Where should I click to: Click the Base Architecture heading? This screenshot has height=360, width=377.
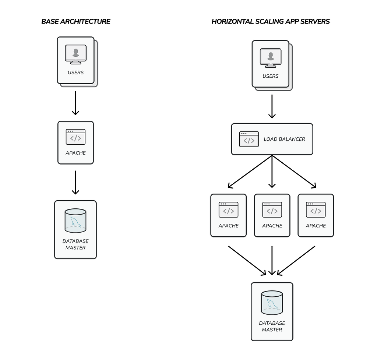coord(76,22)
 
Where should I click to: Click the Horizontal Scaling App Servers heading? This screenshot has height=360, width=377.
coord(271,22)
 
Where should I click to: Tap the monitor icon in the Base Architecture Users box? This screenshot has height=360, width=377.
coord(75,54)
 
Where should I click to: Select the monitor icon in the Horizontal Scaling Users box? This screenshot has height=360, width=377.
coord(271,58)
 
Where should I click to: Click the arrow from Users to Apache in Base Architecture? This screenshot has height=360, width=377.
coord(75,103)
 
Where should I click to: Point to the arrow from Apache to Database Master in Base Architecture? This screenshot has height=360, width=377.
coord(75,183)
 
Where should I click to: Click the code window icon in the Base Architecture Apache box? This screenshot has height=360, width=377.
coord(75,137)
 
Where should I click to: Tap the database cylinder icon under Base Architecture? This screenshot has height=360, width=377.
coord(75,220)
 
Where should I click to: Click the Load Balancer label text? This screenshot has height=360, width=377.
coord(284,139)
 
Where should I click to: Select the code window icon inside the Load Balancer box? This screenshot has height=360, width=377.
coord(249,139)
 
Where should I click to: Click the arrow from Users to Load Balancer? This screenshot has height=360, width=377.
coord(272,106)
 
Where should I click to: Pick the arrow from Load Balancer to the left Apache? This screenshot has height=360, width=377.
coord(250,172)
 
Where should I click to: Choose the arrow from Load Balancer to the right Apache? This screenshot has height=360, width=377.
coord(294,172)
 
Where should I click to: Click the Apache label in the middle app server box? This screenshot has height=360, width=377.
coord(272,226)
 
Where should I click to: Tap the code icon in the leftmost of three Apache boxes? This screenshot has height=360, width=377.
coord(228,210)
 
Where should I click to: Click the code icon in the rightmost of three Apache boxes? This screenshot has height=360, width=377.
coord(316,210)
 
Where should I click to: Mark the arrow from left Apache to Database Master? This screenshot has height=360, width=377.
coord(247,261)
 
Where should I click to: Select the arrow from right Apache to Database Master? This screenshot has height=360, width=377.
coord(296,261)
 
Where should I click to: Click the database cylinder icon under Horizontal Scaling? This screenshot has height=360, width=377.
coord(272,303)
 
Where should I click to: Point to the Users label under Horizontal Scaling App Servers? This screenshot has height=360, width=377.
coord(271,76)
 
